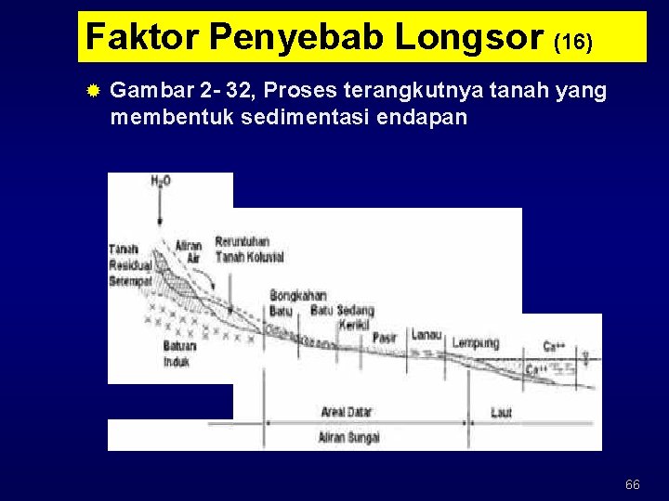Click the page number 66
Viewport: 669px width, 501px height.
633,484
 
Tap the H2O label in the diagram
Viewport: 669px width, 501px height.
161,182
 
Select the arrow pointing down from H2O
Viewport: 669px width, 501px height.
161,209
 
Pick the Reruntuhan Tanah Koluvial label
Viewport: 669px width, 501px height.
243,250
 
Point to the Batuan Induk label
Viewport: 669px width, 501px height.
177,353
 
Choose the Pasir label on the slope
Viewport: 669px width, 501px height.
385,338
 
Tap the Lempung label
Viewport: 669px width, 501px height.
476,343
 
